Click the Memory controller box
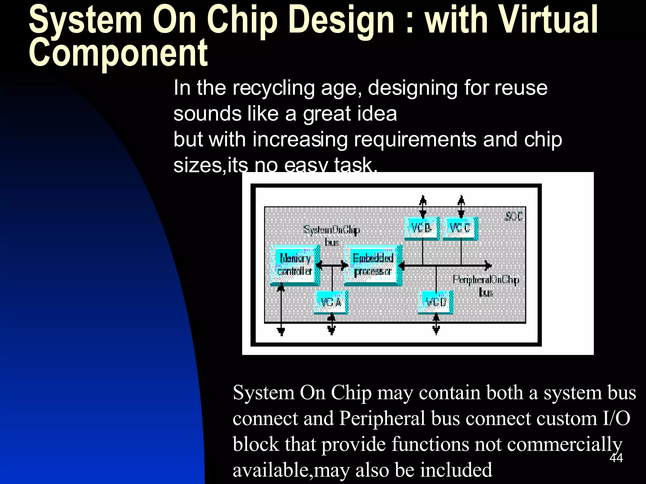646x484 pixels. tap(295, 265)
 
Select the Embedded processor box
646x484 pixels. tap(373, 265)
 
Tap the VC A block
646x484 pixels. tap(331, 302)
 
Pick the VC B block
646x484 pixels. tap(422, 228)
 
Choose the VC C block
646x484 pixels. tap(460, 228)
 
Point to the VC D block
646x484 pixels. tap(436, 302)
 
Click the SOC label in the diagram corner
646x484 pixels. tap(514, 216)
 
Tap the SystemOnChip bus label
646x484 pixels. tap(332, 235)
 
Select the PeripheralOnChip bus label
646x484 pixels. tap(486, 285)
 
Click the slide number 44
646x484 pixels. tap(616, 458)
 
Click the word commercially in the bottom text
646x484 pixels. tap(565, 444)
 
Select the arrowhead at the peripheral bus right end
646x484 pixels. tap(489, 266)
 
